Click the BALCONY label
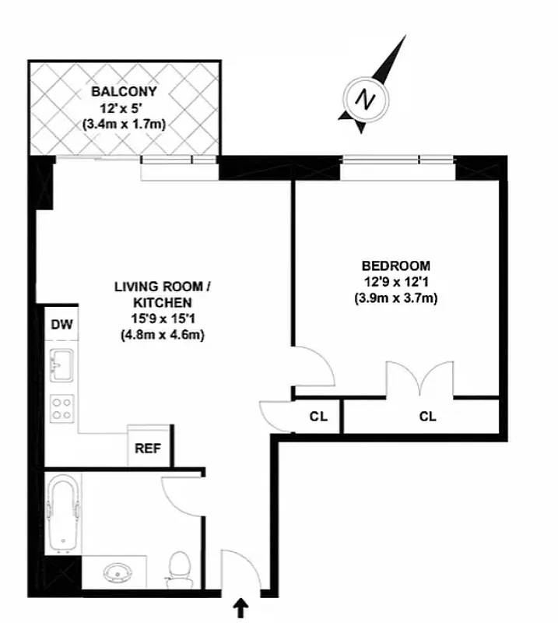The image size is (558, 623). pos(124,91)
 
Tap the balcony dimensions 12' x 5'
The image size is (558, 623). pos(124,107)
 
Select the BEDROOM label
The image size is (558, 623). pos(396,266)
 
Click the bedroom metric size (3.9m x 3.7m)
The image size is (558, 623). pos(396,297)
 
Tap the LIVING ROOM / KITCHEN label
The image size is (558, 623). pos(163,294)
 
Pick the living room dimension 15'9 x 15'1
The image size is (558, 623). pos(163,319)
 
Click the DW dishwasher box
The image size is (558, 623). pos(61,325)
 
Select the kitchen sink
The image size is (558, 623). pos(61,364)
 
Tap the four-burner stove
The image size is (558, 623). pos(61,408)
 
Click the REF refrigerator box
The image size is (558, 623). pos(147,448)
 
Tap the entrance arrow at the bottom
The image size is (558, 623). pos(242,606)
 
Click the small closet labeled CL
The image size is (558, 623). pos(318,416)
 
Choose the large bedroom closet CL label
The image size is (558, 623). pos(427,416)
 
